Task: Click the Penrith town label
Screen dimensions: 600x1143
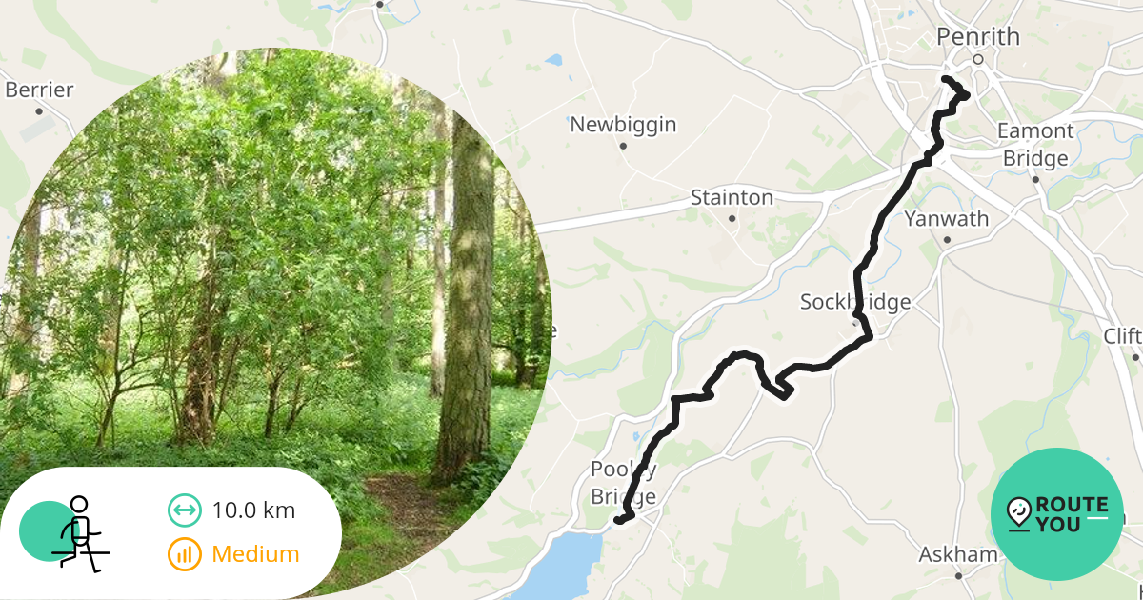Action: pyautogui.click(x=978, y=37)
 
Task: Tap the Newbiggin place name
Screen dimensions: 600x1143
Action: pyautogui.click(x=623, y=124)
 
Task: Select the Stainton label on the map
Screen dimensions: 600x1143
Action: pyautogui.click(x=732, y=198)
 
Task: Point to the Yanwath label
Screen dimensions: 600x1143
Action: pyautogui.click(x=947, y=219)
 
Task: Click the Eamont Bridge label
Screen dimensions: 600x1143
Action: pyautogui.click(x=1035, y=144)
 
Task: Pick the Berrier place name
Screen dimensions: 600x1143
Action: pyautogui.click(x=39, y=90)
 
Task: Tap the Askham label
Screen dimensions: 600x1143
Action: pyautogui.click(x=958, y=554)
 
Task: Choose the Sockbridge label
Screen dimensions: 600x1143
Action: pyautogui.click(x=854, y=303)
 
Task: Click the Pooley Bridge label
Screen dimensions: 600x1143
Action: pyautogui.click(x=624, y=482)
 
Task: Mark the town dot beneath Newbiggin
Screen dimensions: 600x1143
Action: pyautogui.click(x=623, y=146)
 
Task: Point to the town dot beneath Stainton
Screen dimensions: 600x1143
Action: pyautogui.click(x=732, y=219)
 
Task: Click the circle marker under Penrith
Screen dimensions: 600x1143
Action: pyautogui.click(x=978, y=60)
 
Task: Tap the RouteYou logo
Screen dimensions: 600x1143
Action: pyautogui.click(x=1057, y=514)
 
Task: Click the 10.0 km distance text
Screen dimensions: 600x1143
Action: pyautogui.click(x=253, y=510)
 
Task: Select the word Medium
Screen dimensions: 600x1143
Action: pyautogui.click(x=255, y=553)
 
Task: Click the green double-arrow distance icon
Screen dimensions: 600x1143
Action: pyautogui.click(x=185, y=510)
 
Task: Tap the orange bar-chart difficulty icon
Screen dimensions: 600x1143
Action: pyautogui.click(x=185, y=553)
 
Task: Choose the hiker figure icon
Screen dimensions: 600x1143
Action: pyautogui.click(x=76, y=532)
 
